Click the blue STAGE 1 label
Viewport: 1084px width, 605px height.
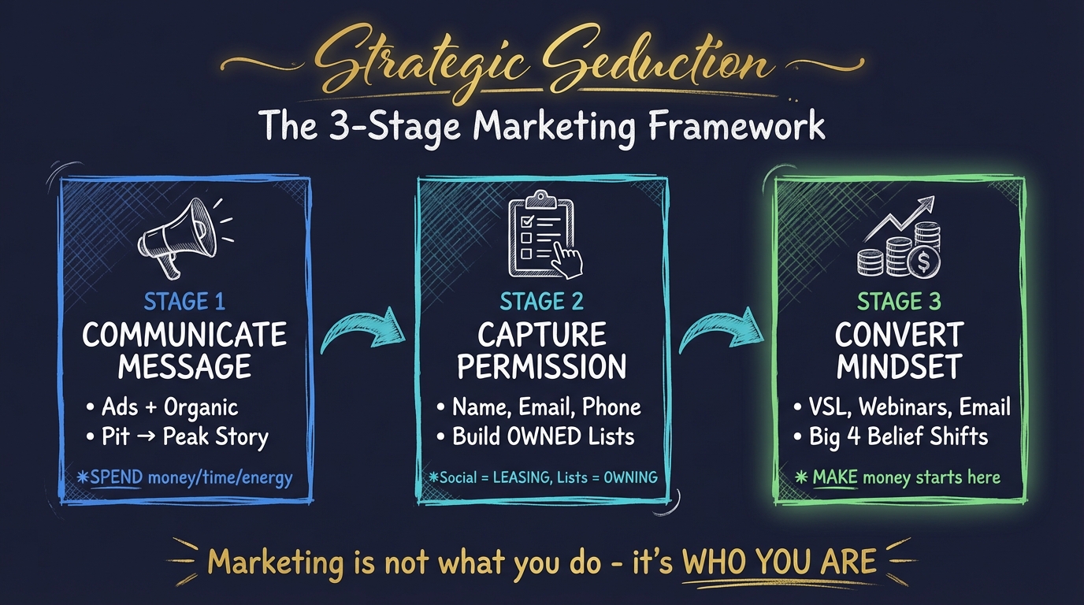[x=184, y=302]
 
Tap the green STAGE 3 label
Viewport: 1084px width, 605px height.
[x=900, y=302]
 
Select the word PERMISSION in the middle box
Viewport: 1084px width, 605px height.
[x=542, y=366]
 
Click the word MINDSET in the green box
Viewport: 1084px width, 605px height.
[x=899, y=366]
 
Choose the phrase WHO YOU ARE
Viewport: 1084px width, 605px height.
[x=778, y=562]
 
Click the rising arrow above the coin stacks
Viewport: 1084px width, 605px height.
[x=906, y=217]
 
